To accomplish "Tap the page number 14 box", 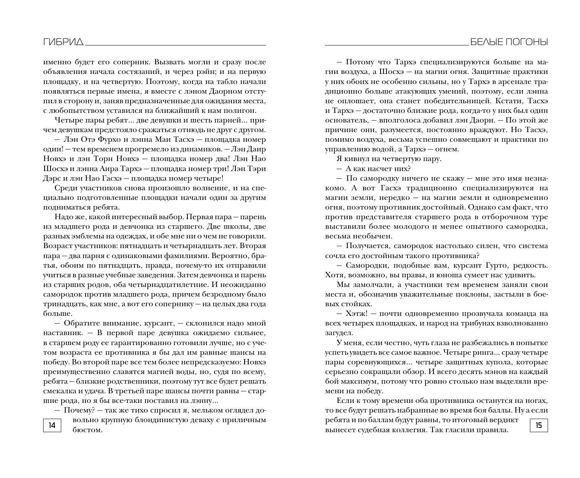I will point(52,425).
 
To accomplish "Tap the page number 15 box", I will point(538,425).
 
